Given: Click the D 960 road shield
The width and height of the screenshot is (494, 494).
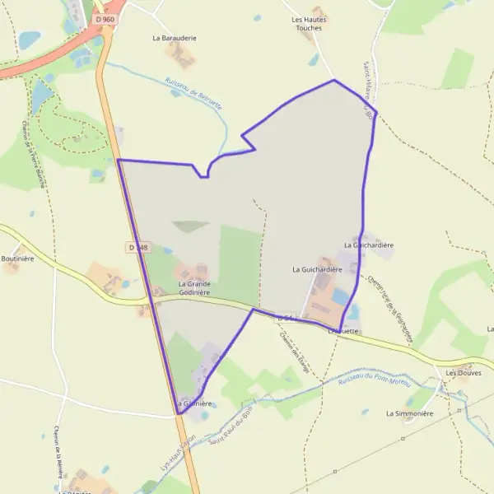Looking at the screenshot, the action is coord(105,18).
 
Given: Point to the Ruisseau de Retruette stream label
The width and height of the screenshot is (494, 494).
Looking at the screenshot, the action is coord(194,88).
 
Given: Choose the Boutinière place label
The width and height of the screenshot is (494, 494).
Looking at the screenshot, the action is coord(17,258).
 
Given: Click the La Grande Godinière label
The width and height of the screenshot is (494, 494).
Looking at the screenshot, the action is coord(194,287).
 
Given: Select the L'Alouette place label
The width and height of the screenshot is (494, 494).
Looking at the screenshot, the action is coord(343,331).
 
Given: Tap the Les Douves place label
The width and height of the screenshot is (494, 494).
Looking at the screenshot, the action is coord(462,373).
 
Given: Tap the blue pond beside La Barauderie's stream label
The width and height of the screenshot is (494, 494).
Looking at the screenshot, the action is coord(175,93).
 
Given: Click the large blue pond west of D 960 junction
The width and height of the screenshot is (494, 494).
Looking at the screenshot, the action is coord(30,39).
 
